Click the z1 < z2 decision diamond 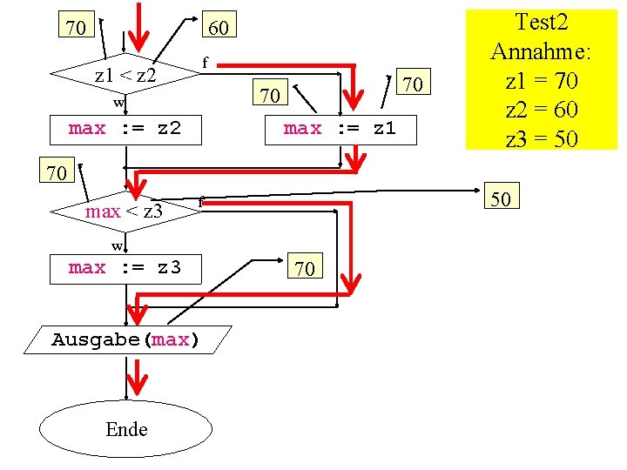pos(125,75)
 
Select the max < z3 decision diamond pos(125,211)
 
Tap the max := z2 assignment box pos(125,129)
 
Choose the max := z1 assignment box pos(340,129)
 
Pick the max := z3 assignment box pos(125,267)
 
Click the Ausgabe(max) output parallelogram pos(126,339)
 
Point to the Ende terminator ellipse pos(126,429)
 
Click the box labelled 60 pos(219,28)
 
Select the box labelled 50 pos(502,199)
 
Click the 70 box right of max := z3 pos(305,268)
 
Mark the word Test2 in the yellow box pos(542,21)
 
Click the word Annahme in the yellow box pos(542,51)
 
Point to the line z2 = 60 pos(542,110)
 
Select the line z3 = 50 pos(542,138)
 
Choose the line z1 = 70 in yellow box pos(542,81)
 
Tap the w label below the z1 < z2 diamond pos(118,104)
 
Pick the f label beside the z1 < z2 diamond pos(205,62)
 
